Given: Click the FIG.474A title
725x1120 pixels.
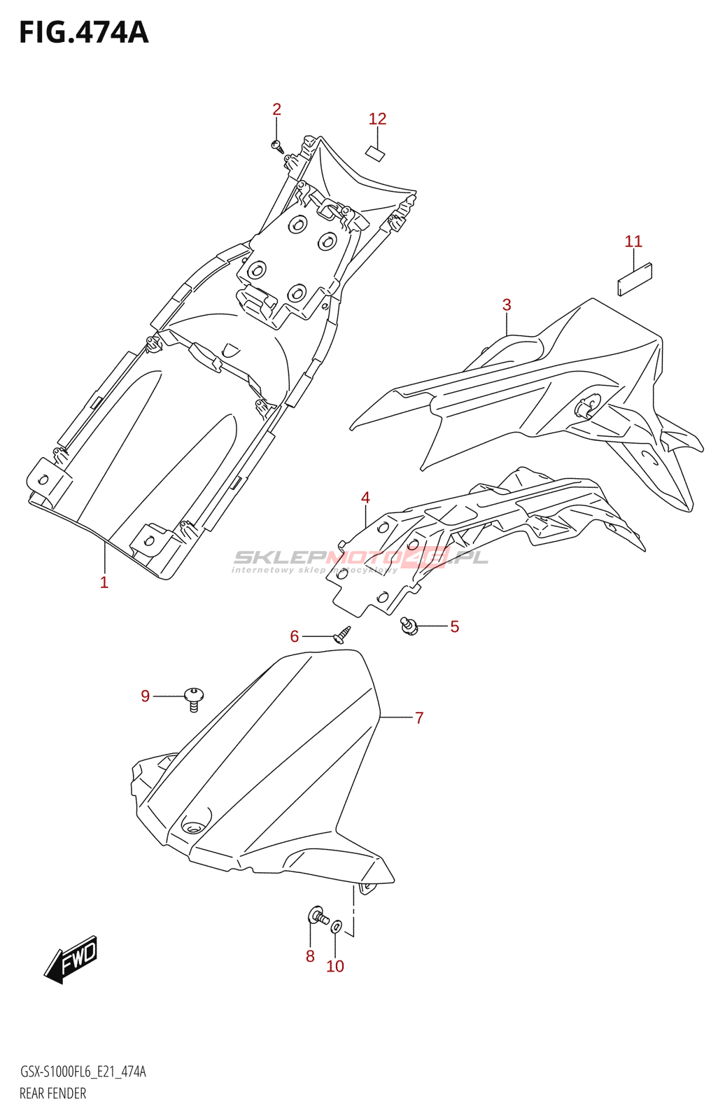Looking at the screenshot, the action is pyautogui.click(x=84, y=32).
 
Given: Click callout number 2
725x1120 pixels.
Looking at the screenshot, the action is pyautogui.click(x=276, y=109).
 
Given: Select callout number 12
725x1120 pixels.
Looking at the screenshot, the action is pyautogui.click(x=377, y=119).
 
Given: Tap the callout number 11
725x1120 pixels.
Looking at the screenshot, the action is pyautogui.click(x=633, y=241).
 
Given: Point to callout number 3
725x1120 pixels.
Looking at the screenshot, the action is pyautogui.click(x=506, y=304).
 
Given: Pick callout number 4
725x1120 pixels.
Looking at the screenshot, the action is pyautogui.click(x=365, y=498).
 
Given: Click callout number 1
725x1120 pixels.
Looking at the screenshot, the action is pyautogui.click(x=104, y=582).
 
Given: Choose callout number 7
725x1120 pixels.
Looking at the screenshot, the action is pyautogui.click(x=419, y=717).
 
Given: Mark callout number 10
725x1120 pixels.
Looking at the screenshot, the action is pyautogui.click(x=335, y=966).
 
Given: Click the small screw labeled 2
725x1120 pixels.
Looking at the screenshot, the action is pyautogui.click(x=277, y=146).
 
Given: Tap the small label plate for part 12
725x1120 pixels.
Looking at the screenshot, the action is pyautogui.click(x=375, y=153).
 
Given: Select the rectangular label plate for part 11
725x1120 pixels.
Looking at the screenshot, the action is pyautogui.click(x=635, y=279).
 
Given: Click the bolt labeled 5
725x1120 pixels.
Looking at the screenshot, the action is pyautogui.click(x=409, y=625).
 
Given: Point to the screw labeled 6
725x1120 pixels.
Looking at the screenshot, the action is pyautogui.click(x=343, y=635).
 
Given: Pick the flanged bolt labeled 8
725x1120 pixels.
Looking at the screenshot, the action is pyautogui.click(x=318, y=916).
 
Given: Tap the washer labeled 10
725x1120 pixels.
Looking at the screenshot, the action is pyautogui.click(x=337, y=927).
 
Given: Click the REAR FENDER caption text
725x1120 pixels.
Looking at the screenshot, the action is pyautogui.click(x=53, y=1093).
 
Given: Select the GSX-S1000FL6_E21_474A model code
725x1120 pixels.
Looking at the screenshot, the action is pyautogui.click(x=83, y=1072).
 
